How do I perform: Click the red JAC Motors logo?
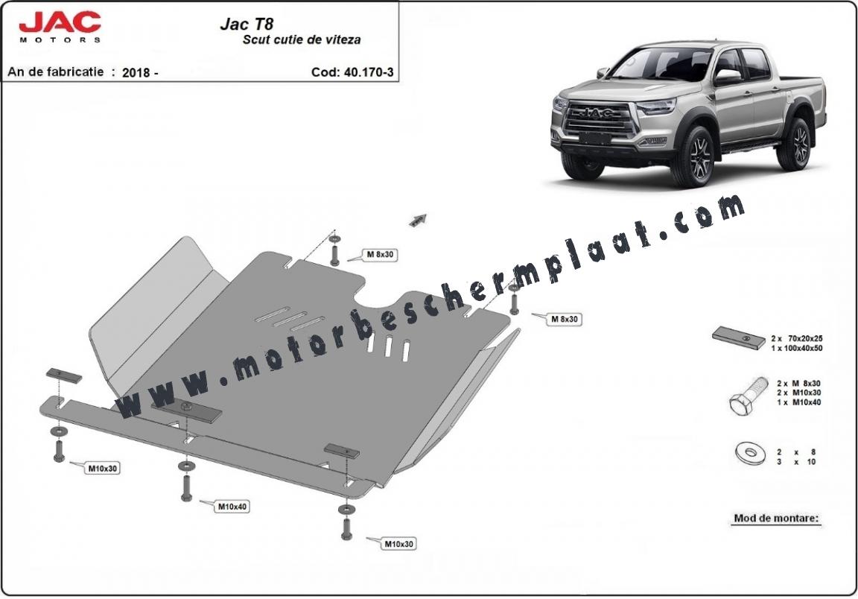(60, 26)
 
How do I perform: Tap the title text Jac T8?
(247, 24)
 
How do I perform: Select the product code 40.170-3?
(369, 72)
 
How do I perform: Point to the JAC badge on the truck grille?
(596, 113)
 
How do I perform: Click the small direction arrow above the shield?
(418, 220)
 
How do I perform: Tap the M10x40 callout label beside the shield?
(232, 507)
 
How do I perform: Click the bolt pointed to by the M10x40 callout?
(186, 487)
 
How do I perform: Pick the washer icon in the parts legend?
(748, 453)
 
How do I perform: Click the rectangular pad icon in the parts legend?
(739, 337)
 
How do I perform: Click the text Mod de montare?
(777, 518)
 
